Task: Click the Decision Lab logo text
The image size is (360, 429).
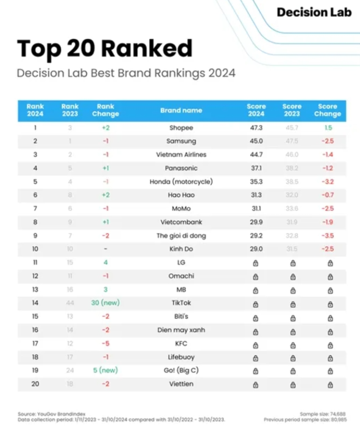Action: click(x=314, y=12)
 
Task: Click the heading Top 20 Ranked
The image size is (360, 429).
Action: click(x=104, y=49)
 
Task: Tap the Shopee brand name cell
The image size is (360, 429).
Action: click(x=181, y=128)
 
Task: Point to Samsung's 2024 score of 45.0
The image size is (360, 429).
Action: click(x=256, y=141)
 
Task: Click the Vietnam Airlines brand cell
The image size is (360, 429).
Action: click(x=181, y=155)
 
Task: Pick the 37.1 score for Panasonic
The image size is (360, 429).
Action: click(x=256, y=168)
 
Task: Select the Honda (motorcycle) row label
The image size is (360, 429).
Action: click(x=181, y=182)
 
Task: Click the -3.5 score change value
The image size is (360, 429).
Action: click(x=328, y=235)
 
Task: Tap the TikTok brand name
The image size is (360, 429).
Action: click(x=181, y=303)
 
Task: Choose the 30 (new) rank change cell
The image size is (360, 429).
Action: click(x=105, y=303)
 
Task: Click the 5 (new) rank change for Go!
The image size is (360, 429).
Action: click(x=105, y=370)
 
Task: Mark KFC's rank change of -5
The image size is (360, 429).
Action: click(x=105, y=343)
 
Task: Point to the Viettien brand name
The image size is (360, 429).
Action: click(x=181, y=384)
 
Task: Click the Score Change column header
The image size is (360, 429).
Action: click(x=328, y=110)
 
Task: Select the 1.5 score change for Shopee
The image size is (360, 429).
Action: click(x=328, y=128)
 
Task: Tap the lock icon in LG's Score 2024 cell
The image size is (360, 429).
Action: click(x=256, y=263)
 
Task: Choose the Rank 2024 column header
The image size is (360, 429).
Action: click(x=35, y=110)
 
